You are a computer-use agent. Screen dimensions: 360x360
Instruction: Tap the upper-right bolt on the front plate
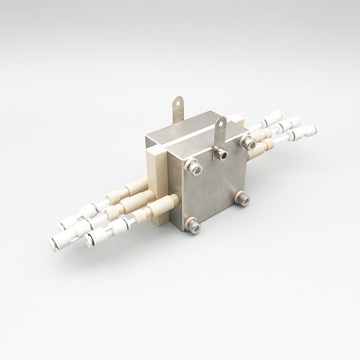(249, 143)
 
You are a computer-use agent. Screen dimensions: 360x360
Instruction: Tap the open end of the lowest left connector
(89, 243)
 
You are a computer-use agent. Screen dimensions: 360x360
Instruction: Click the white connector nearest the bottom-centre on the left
(99, 237)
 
